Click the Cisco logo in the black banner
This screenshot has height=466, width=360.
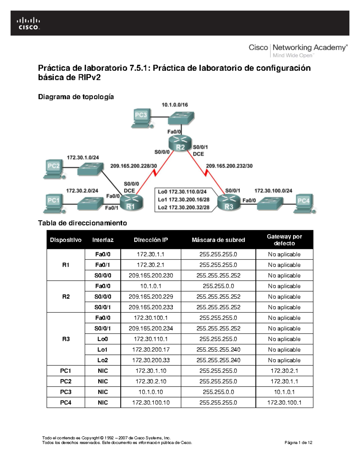click(x=28, y=24)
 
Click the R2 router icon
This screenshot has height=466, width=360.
click(x=180, y=143)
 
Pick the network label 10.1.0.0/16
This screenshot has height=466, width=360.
click(x=175, y=105)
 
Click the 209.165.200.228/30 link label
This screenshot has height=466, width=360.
click(x=133, y=166)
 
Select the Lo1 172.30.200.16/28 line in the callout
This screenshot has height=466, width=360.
click(x=184, y=200)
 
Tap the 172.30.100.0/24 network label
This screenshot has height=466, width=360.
click(x=273, y=191)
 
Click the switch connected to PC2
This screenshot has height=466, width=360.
click(x=90, y=169)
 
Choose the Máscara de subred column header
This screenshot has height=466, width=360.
click(x=218, y=240)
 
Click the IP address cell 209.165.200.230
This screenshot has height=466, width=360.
click(x=151, y=275)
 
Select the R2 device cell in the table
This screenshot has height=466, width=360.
click(x=66, y=296)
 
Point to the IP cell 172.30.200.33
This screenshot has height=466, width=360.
click(x=151, y=360)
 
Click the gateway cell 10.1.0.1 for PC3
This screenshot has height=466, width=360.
click(x=284, y=392)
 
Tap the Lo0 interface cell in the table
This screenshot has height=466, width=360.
click(x=103, y=339)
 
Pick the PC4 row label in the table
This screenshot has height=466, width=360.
click(x=66, y=402)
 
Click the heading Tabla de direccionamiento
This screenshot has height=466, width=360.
click(x=82, y=223)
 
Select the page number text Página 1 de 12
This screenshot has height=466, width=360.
click(x=298, y=442)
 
